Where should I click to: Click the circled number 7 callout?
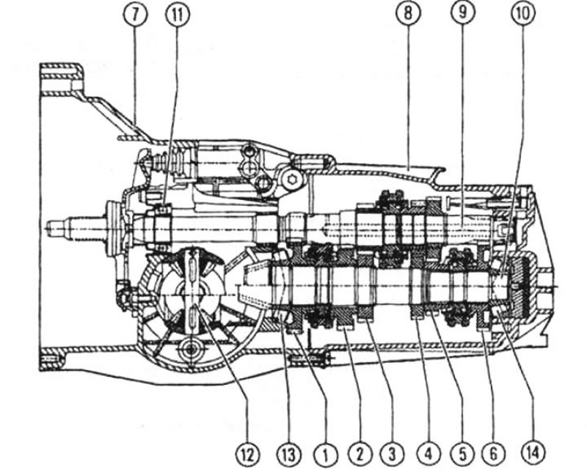pos(135,14)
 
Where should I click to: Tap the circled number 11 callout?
pos(178,14)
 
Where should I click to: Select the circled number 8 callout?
pos(408,14)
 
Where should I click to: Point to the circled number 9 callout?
pos(462,14)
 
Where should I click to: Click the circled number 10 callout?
pos(523,14)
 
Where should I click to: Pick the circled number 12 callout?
pos(247,454)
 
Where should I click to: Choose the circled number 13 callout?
pos(288,454)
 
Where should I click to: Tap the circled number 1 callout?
pos(325,454)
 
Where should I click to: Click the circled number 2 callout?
pos(360,454)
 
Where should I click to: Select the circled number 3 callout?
pos(392,454)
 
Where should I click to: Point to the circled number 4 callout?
pos(428,454)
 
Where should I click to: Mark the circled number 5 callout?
pos(462,454)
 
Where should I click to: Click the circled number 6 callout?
pos(493,454)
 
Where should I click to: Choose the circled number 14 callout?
pos(533,454)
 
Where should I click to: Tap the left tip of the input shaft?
pos(46,227)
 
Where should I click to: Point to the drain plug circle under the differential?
pos(191,350)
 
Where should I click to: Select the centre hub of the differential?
pos(192,295)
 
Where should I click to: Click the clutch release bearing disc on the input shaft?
pos(112,228)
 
